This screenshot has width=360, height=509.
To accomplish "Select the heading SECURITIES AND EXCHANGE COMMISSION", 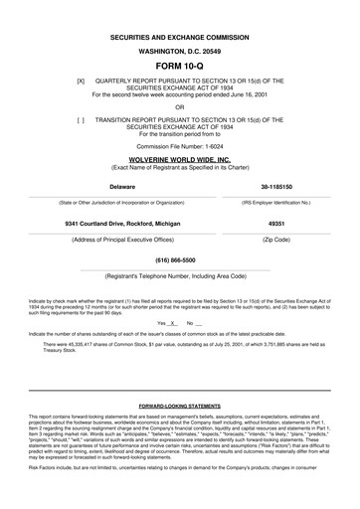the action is (x=179, y=34).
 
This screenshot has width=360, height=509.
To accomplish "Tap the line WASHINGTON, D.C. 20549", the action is (x=179, y=47).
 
